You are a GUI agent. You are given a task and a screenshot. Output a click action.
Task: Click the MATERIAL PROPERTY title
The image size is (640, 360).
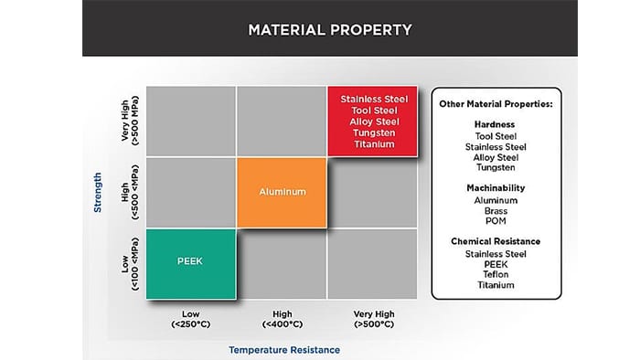(330, 30)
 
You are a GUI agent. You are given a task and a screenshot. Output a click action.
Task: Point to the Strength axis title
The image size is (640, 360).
(98, 193)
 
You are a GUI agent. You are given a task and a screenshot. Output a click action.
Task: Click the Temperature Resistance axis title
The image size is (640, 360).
(284, 350)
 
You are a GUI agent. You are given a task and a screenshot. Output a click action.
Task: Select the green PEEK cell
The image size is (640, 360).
(191, 264)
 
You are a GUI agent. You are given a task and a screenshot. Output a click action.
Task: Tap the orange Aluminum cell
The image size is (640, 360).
(282, 193)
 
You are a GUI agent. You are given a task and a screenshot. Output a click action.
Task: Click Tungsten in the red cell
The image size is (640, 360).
(374, 132)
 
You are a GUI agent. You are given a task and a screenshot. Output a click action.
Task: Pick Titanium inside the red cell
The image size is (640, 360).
(374, 144)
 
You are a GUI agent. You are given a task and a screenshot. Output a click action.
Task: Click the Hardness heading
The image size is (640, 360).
(495, 124)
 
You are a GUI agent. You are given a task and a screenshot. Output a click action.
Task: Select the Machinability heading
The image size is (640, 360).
(496, 188)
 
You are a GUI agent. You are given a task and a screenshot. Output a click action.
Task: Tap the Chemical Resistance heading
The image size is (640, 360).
(496, 241)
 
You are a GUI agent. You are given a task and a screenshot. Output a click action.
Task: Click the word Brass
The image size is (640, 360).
(496, 211)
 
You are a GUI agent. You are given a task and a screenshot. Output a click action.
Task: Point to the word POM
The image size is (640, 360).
(496, 221)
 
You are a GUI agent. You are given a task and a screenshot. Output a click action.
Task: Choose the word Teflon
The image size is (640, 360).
(496, 274)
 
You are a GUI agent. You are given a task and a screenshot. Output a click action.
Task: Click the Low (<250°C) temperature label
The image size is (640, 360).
(190, 319)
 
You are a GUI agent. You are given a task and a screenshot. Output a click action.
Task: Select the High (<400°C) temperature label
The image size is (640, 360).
(282, 319)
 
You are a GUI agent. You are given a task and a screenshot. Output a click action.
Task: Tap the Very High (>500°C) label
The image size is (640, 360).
(374, 319)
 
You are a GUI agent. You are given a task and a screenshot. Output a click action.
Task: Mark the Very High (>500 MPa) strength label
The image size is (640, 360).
(130, 122)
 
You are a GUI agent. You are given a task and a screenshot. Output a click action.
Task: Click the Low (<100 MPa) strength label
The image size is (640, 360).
(130, 264)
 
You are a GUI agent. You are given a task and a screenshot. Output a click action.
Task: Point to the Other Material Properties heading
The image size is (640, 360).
(496, 104)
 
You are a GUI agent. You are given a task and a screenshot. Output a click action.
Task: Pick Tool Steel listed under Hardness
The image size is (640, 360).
(496, 136)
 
